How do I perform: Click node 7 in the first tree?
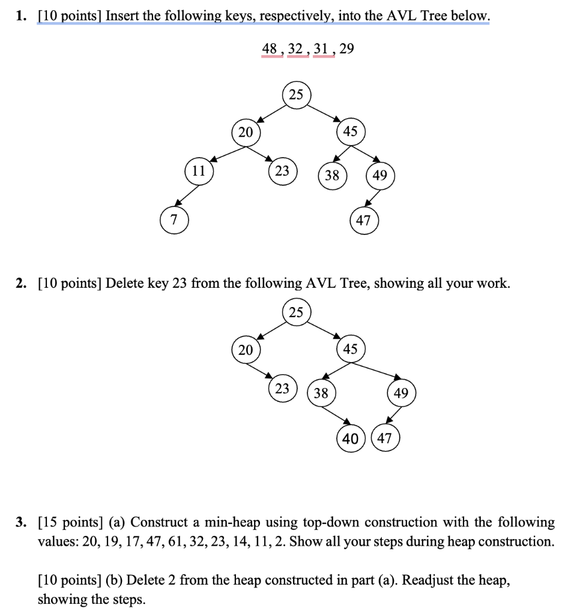click(174, 220)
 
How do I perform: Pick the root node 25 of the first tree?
click(296, 95)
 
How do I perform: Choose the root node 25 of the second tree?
click(296, 312)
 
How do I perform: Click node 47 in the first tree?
click(363, 220)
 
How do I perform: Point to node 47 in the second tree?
click(385, 438)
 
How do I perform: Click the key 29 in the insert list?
click(346, 49)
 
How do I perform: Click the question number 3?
click(21, 522)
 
